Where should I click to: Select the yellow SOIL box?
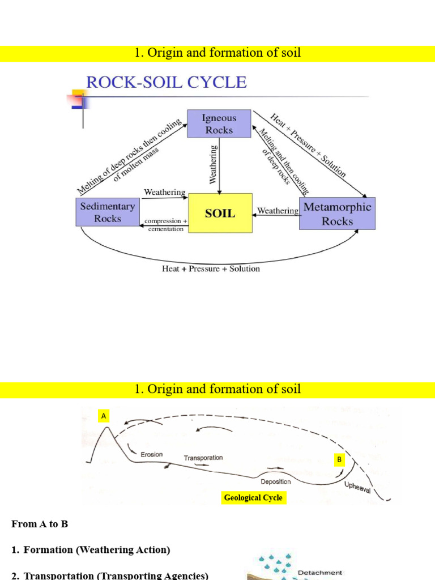point(220,213)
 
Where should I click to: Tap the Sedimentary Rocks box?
point(107,212)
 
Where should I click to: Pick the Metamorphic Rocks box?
point(337,214)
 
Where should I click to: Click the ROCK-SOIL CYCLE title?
point(166,83)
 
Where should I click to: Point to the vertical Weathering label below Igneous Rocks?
point(214,164)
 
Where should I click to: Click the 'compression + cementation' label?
point(165,225)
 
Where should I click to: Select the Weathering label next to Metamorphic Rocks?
point(278,211)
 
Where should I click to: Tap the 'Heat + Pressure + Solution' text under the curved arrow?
point(211,268)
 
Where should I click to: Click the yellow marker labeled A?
point(103,416)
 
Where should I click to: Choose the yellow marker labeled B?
point(339,460)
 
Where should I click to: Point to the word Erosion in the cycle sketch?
point(151,454)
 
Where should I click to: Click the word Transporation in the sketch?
point(203,458)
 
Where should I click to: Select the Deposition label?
point(275,481)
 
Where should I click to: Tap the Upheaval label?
point(357,487)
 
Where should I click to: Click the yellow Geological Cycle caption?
point(253,498)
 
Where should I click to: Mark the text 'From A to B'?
point(40,524)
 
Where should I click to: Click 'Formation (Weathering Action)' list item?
point(96,549)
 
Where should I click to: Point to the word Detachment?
point(320,573)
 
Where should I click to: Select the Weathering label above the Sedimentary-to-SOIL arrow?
point(164,193)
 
